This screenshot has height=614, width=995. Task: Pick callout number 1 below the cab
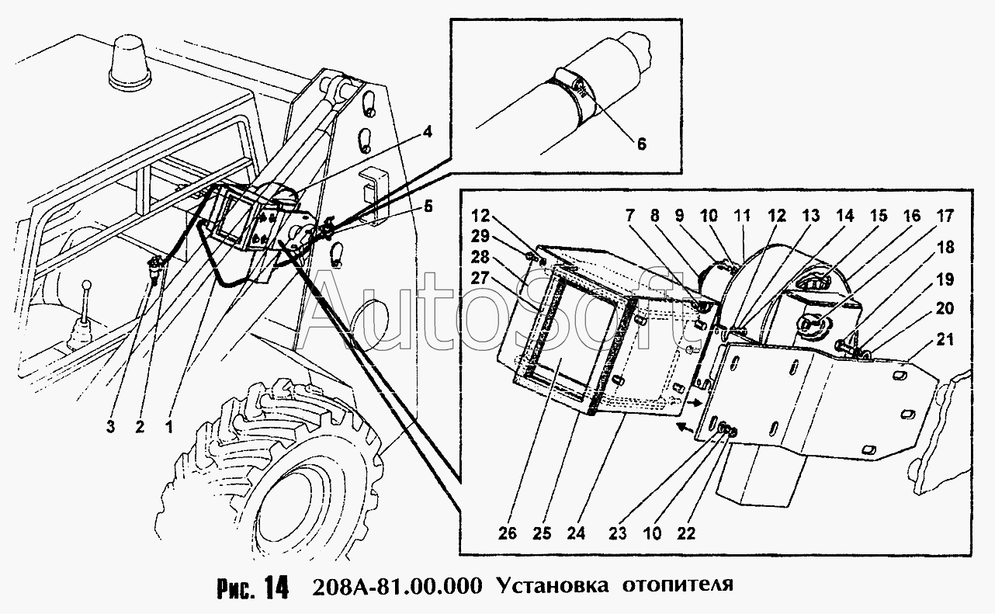coord(168,426)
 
